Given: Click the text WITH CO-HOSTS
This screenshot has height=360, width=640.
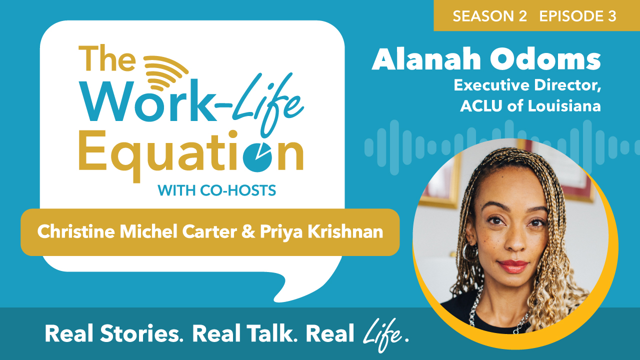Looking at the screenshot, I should [x=216, y=190].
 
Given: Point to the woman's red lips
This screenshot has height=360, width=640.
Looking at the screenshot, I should [x=512, y=266].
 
